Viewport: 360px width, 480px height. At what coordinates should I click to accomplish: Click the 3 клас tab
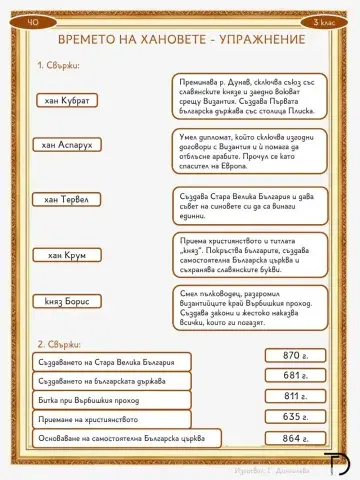tap(319, 20)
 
